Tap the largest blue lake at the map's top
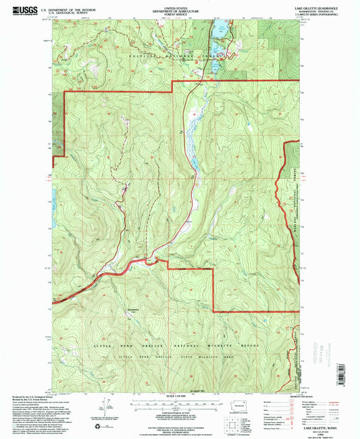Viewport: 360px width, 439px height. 219,30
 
